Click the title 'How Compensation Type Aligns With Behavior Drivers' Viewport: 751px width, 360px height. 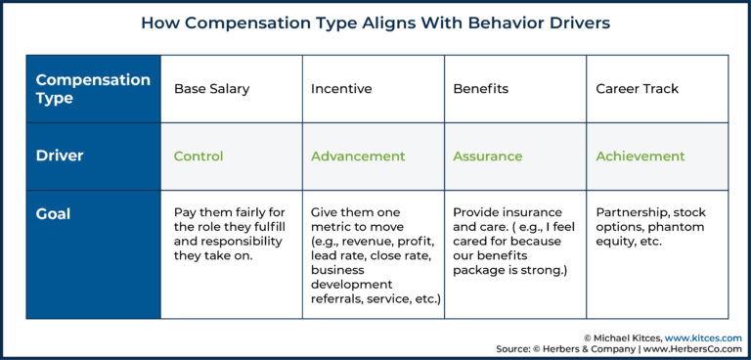click(x=375, y=22)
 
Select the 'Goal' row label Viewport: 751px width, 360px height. click(x=53, y=212)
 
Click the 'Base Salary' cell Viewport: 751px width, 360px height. click(x=211, y=89)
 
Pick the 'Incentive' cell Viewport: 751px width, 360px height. click(x=341, y=89)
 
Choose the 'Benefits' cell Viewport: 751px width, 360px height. click(x=481, y=89)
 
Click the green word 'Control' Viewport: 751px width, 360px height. click(x=199, y=157)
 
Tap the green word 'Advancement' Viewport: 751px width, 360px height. click(x=358, y=157)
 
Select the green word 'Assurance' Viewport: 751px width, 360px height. click(x=488, y=157)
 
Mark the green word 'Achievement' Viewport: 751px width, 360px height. click(x=641, y=157)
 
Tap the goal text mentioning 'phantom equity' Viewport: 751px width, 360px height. click(x=650, y=227)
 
